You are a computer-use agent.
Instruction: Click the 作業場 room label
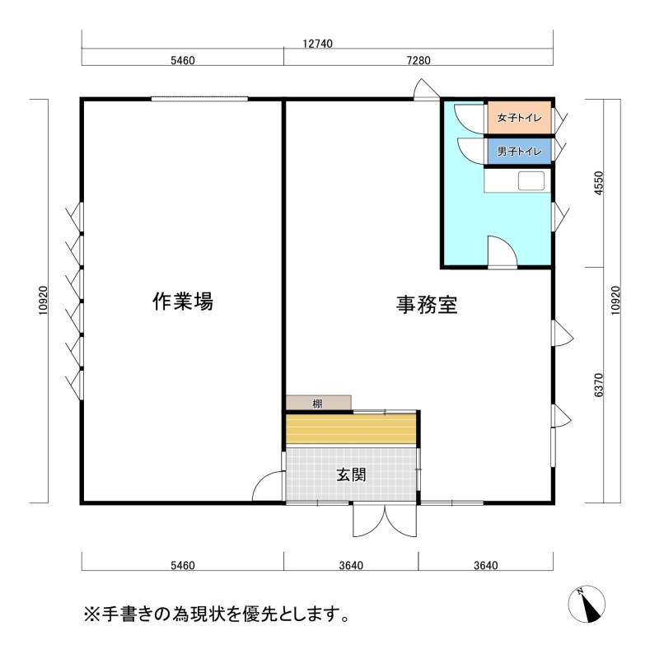[x=183, y=301]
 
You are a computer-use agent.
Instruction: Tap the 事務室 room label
[x=427, y=305]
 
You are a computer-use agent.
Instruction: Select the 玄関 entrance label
[x=352, y=475]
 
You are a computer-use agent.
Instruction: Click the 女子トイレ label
[x=519, y=118]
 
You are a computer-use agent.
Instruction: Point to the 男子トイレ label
[x=519, y=151]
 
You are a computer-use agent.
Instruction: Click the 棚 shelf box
[x=318, y=403]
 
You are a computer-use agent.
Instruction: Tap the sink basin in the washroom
[x=531, y=180]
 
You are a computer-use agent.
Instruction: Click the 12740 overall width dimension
[x=317, y=44]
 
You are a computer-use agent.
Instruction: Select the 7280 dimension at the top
[x=419, y=60]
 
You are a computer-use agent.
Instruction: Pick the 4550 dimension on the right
[x=599, y=183]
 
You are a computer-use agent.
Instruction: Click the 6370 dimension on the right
[x=599, y=385]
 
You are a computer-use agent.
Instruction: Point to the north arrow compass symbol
[x=587, y=604]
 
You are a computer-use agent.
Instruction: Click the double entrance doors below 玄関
[x=385, y=521]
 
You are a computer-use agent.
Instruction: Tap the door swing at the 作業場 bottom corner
[x=268, y=486]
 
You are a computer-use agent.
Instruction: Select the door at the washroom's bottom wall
[x=502, y=251]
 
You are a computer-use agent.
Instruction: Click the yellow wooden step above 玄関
[x=351, y=428]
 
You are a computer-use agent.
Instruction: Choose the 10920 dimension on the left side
[x=44, y=301]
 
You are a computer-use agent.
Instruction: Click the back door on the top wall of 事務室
[x=427, y=90]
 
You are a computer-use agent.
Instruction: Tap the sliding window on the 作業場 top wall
[x=199, y=99]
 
